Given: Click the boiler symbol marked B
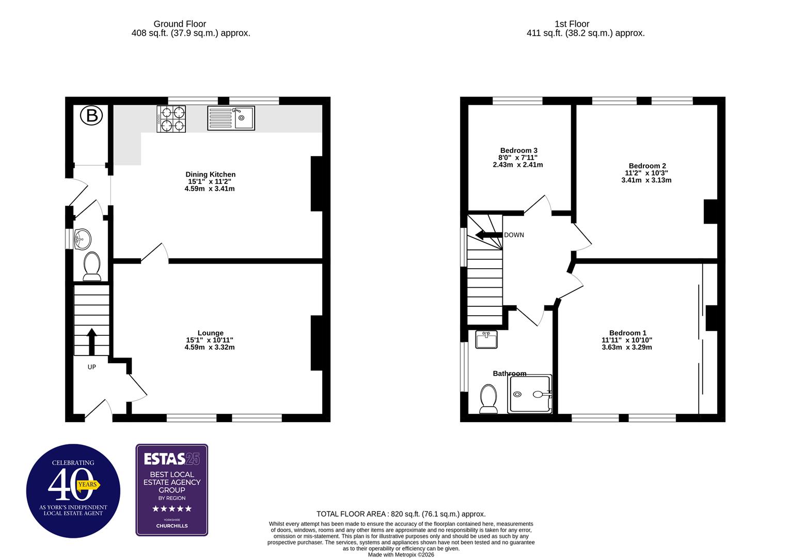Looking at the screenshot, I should pos(91,116).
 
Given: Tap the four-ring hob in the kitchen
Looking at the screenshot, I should pos(171,119).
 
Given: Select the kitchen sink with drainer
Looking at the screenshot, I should pos(231,118).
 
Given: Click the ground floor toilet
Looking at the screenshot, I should pos(92,266).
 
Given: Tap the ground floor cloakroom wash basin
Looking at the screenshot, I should pos(82,239).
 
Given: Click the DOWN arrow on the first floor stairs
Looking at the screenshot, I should pos(488,235).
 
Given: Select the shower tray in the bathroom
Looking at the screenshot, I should pos(530,394).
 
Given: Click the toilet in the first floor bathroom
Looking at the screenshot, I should pos(488,399).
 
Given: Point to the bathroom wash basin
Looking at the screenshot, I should pos(486,339).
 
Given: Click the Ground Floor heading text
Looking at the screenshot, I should pos(180,24).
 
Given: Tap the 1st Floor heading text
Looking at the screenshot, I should pos(572,24).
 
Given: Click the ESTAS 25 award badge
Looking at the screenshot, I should pos(172,490).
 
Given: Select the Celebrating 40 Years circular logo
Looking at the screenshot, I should pos(73,491).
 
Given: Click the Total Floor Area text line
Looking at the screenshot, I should pos(401,514).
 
